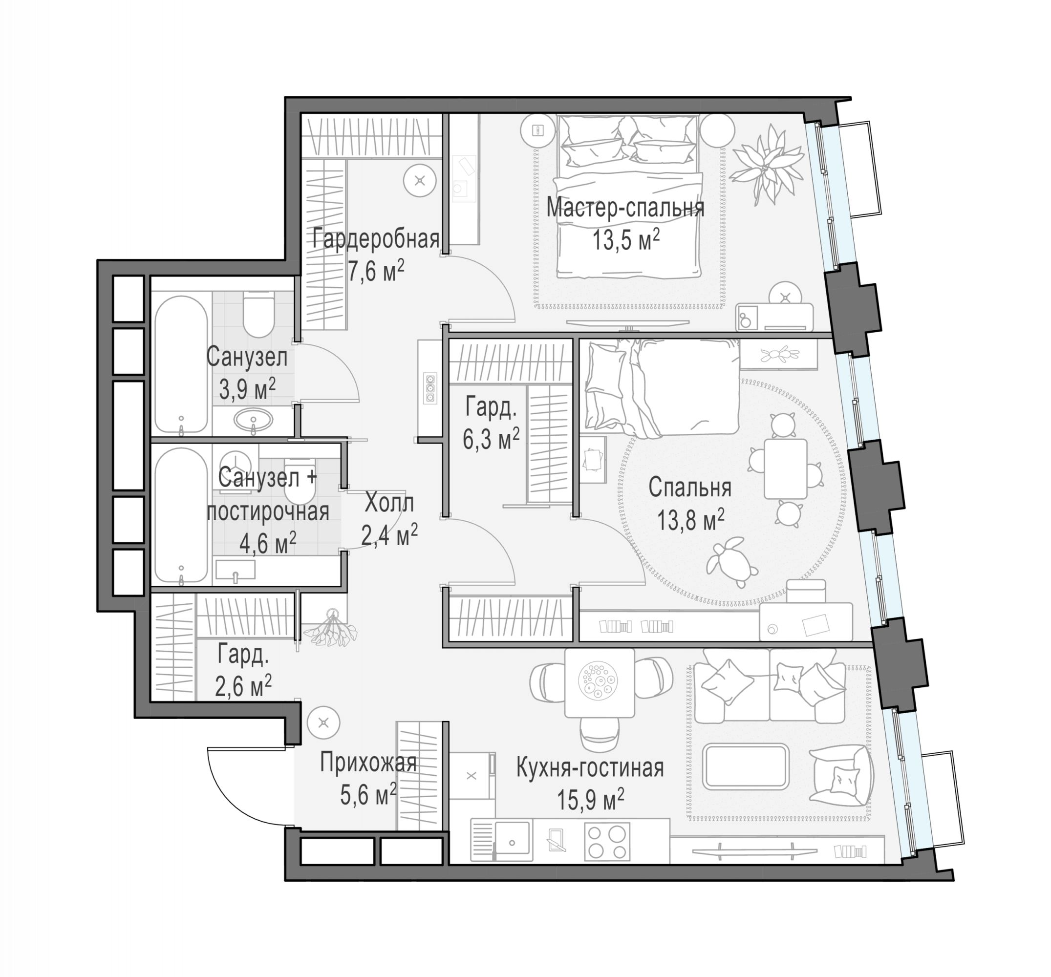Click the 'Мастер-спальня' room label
click(x=625, y=208)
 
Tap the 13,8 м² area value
click(x=690, y=520)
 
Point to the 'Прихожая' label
click(x=368, y=764)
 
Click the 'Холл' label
click(x=389, y=503)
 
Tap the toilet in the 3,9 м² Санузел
click(x=258, y=314)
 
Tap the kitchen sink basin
click(x=512, y=841)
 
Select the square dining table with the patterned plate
click(x=599, y=682)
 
